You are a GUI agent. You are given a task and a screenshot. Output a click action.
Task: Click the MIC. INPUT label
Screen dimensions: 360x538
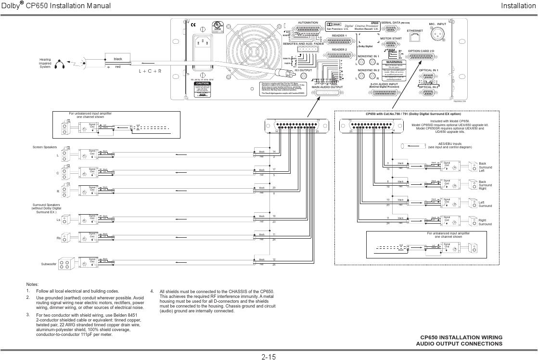coord(438,24)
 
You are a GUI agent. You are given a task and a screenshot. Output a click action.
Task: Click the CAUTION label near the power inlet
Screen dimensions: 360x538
coord(202,83)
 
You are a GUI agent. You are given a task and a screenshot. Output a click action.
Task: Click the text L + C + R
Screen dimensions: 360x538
coord(150,71)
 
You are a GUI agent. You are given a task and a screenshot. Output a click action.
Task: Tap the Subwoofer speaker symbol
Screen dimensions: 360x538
coord(66,262)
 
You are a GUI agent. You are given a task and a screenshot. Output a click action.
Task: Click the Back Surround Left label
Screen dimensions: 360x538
coord(486,167)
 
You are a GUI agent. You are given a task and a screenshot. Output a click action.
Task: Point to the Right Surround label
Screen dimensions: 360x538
coord(485,222)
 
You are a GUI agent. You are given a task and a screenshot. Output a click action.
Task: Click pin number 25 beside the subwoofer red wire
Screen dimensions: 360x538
coord(274,265)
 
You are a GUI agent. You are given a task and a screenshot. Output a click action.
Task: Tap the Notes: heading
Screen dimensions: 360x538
coord(32,284)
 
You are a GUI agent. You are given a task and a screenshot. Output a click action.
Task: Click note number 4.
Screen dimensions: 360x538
coord(152,291)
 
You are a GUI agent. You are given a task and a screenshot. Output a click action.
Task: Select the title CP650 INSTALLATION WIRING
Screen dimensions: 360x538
coord(461,337)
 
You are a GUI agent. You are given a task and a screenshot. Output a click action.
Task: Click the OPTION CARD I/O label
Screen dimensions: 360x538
coord(421,51)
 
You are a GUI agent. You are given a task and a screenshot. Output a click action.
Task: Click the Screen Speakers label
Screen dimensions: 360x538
coord(45,146)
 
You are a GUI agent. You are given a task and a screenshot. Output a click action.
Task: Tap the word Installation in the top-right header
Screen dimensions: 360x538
coord(518,6)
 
